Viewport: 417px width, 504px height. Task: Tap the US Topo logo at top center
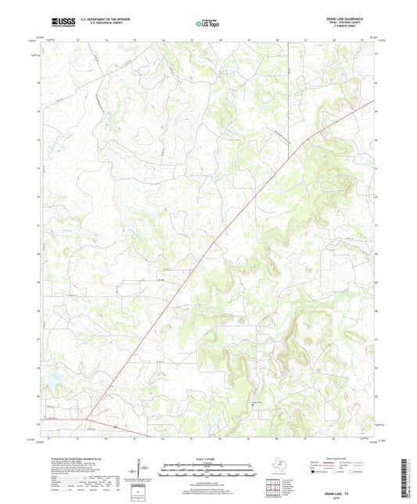[201, 24]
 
